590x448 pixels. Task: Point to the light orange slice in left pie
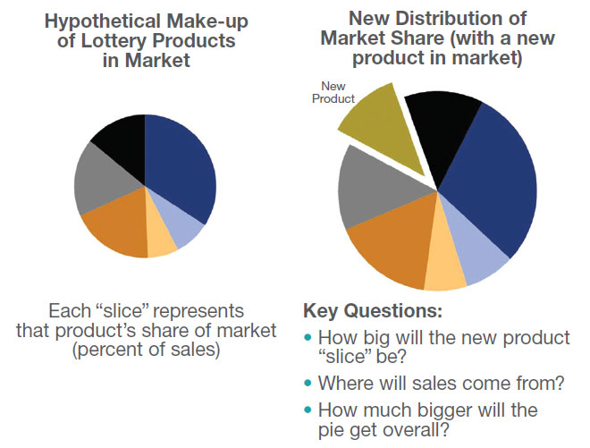click(161, 241)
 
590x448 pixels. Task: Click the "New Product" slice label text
click(333, 93)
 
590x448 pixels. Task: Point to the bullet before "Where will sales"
click(309, 383)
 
